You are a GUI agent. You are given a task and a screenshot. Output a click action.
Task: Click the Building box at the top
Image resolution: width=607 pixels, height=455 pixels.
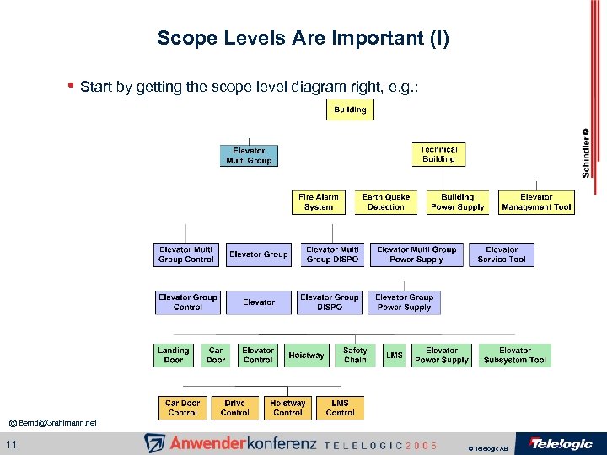(350, 110)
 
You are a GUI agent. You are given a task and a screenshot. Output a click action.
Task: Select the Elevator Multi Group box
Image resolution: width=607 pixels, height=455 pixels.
(249, 156)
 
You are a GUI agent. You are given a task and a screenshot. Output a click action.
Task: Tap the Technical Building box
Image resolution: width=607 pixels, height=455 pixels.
(438, 154)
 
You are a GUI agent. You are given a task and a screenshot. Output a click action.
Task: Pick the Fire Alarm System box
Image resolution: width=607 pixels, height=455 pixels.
(319, 202)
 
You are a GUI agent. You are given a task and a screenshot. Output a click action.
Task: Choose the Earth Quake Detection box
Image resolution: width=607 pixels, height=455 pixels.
(385, 202)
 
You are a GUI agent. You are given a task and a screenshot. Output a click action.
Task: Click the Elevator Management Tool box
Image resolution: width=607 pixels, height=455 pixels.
(536, 202)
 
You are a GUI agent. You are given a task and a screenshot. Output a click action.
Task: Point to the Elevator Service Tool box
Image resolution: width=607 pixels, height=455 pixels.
(502, 254)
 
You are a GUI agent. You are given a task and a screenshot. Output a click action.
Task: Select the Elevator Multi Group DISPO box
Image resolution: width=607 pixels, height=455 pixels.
(332, 254)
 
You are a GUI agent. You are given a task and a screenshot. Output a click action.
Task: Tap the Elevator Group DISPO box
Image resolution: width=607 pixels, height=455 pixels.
(330, 302)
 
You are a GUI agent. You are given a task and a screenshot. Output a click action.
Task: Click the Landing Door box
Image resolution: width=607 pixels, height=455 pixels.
(174, 356)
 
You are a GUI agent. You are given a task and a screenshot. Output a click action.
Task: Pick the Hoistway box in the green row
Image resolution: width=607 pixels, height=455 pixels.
(306, 356)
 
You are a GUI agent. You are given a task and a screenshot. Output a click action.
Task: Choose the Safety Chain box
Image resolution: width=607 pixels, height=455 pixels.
(355, 356)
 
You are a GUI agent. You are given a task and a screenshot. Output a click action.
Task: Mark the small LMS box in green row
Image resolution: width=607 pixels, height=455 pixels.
(395, 356)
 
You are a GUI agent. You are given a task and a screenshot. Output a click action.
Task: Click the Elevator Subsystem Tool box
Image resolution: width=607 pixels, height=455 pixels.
(514, 356)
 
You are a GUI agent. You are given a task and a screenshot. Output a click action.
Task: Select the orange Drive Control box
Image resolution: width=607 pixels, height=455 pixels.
(234, 409)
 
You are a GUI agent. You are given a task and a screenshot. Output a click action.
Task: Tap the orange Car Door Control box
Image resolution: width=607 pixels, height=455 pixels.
(182, 409)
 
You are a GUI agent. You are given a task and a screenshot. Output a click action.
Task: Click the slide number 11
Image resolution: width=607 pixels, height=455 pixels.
(10, 444)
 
